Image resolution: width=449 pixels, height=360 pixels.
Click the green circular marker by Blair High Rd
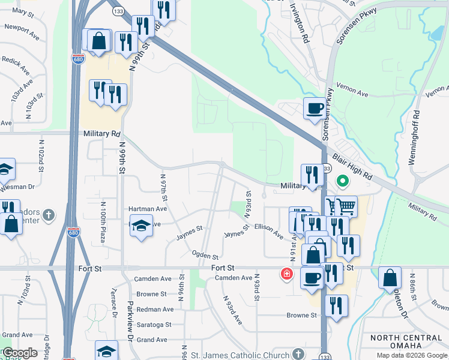click(343, 180)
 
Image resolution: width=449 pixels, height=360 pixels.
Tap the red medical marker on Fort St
click(287, 274)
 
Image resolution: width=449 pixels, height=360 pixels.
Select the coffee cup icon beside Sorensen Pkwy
click(315, 109)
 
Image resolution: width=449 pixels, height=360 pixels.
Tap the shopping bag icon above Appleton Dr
click(390, 278)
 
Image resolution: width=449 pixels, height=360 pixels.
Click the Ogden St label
click(205, 255)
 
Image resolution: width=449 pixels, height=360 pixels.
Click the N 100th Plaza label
click(102, 218)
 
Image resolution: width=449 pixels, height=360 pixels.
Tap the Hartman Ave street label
click(148, 209)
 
